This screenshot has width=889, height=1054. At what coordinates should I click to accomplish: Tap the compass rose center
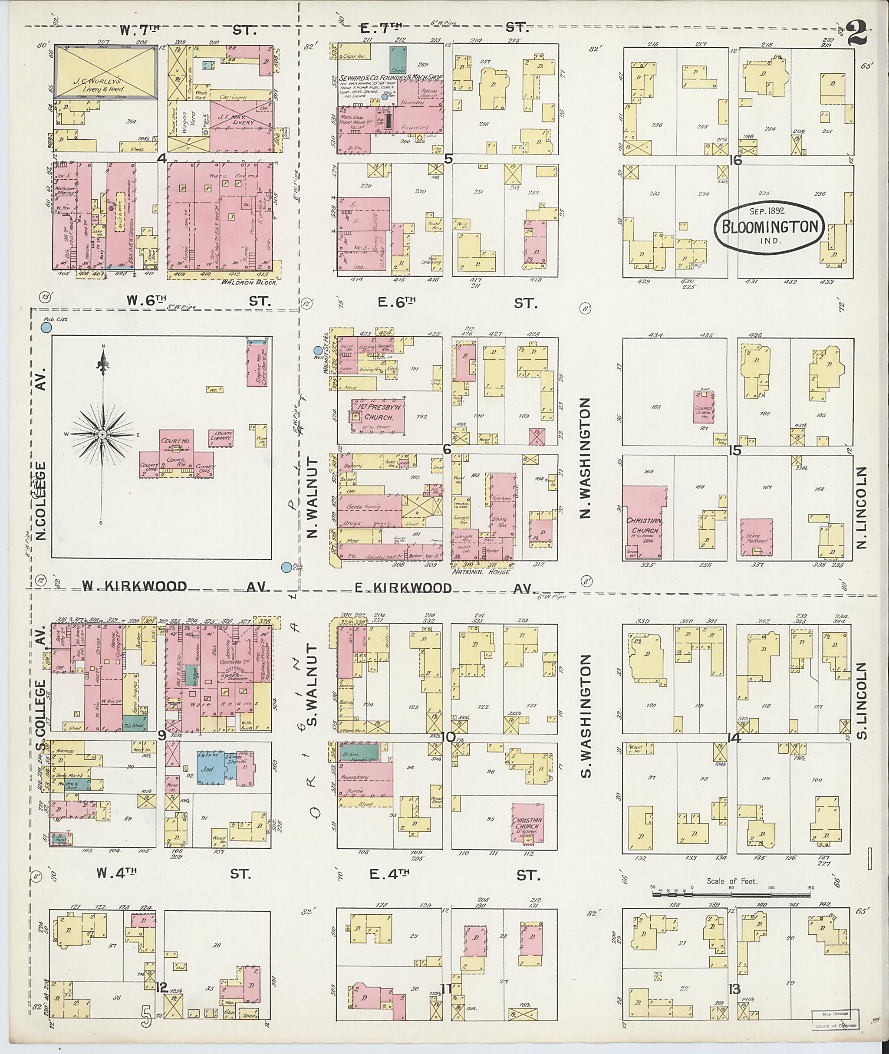[x=102, y=434]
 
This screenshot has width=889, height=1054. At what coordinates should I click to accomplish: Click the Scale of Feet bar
[x=732, y=894]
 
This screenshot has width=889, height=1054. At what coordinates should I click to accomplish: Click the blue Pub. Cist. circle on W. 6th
[x=46, y=328]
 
